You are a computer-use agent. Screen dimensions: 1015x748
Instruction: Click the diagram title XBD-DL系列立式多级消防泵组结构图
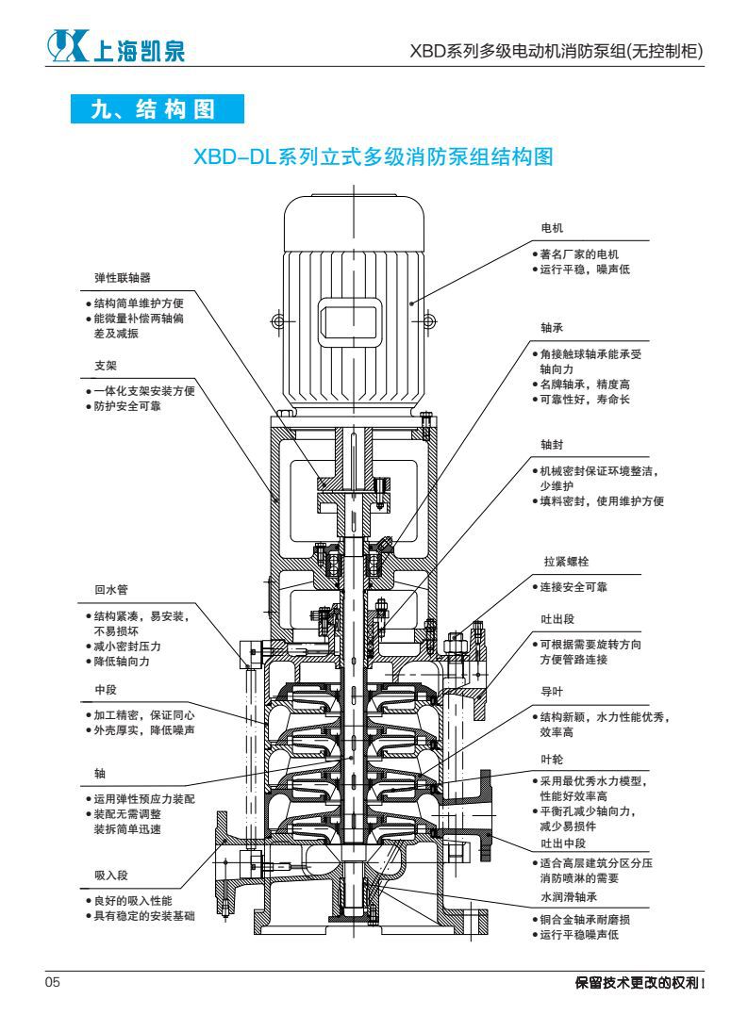pyautogui.click(x=373, y=156)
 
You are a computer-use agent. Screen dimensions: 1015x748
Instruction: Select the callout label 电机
pyautogui.click(x=551, y=228)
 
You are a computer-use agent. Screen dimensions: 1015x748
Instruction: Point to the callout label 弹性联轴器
pyautogui.click(x=123, y=278)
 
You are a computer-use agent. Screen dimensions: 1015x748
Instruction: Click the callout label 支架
pyautogui.click(x=105, y=365)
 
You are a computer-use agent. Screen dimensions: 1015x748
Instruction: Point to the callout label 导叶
pyautogui.click(x=551, y=690)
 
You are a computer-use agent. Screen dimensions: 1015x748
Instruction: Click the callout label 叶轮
pyautogui.click(x=551, y=757)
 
